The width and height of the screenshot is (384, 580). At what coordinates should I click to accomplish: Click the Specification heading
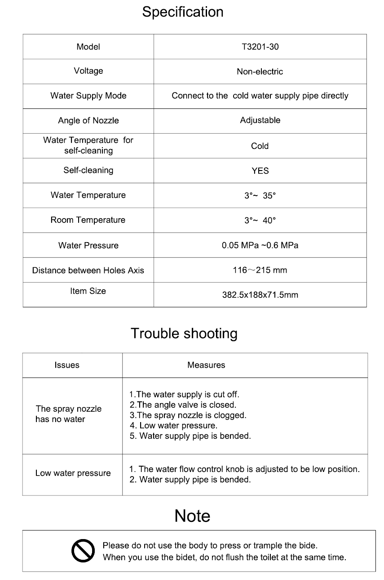183,12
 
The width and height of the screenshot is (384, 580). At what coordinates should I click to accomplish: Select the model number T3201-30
260,47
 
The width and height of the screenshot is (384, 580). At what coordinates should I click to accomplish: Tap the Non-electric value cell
260,72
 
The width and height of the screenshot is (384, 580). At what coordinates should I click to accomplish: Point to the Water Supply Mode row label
88,96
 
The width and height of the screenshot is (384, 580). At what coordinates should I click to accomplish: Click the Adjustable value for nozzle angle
260,121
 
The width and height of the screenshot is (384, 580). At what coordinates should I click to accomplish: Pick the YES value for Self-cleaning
260,171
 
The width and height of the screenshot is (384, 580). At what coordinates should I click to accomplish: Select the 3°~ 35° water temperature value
260,196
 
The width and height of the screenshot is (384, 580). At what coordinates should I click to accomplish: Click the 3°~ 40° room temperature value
260,220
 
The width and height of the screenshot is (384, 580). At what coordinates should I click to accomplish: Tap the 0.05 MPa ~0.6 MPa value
260,246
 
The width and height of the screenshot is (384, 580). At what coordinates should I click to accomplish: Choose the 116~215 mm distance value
260,270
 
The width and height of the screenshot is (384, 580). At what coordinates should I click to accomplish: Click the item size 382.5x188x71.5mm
260,295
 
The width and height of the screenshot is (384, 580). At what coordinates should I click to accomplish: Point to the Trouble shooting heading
184,334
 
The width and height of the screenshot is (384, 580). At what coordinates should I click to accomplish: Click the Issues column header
67,365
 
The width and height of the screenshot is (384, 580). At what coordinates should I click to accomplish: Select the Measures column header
206,365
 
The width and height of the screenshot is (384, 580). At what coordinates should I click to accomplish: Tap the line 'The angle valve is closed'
183,405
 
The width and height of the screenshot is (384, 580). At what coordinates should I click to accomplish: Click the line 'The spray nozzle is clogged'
188,415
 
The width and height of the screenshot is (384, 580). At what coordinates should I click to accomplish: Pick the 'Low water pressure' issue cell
73,473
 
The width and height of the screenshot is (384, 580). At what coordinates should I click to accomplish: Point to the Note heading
192,516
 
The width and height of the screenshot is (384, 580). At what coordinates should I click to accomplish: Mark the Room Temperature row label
88,220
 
